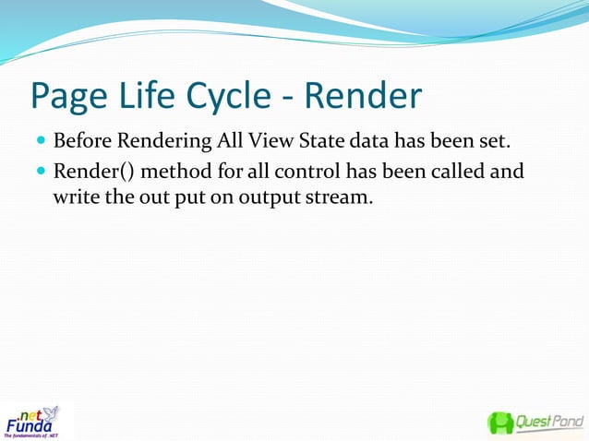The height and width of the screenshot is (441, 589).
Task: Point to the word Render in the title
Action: (364, 97)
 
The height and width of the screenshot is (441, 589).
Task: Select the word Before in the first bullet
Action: (80, 143)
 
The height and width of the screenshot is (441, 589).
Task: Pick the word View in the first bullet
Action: (262, 143)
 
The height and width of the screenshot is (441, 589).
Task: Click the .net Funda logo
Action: (31, 422)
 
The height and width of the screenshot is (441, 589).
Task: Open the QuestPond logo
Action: (535, 423)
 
